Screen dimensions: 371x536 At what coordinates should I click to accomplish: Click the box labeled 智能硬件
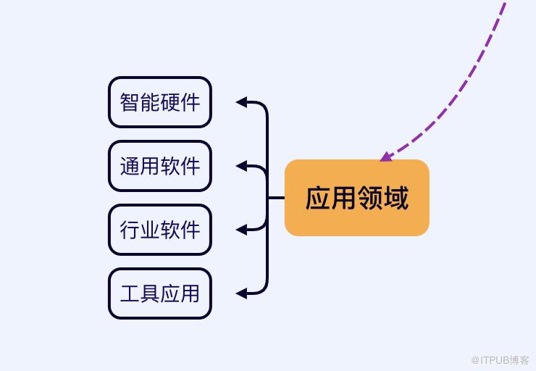tap(160, 102)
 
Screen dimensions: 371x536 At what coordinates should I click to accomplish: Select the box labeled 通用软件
tap(160, 166)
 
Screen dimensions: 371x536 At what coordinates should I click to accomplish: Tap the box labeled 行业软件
tap(160, 230)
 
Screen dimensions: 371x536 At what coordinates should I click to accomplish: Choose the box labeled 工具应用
tap(160, 293)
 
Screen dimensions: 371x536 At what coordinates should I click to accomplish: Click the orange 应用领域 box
tap(357, 198)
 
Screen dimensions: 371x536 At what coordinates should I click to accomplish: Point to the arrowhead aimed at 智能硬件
tap(242, 102)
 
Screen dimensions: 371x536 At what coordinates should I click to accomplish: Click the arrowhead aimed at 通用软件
tap(242, 166)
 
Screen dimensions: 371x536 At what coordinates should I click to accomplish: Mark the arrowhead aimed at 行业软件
tap(242, 230)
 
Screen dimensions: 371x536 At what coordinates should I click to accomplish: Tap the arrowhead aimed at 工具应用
tap(242, 293)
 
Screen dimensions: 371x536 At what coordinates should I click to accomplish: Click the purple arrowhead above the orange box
tap(386, 156)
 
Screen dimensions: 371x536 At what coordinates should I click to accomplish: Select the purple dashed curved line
tap(464, 94)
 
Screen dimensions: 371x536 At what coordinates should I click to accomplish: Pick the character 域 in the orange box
tap(396, 198)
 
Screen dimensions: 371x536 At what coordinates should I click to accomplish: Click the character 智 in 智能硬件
tap(130, 102)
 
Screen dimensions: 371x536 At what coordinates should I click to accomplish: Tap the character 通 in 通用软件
tap(130, 166)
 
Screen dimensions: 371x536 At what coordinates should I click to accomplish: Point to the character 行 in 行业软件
tap(130, 230)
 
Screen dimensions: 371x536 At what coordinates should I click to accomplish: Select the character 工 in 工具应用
tap(130, 293)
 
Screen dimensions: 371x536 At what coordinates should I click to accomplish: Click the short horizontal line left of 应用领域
tap(276, 197)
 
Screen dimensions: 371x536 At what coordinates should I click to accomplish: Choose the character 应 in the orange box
tap(318, 198)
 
